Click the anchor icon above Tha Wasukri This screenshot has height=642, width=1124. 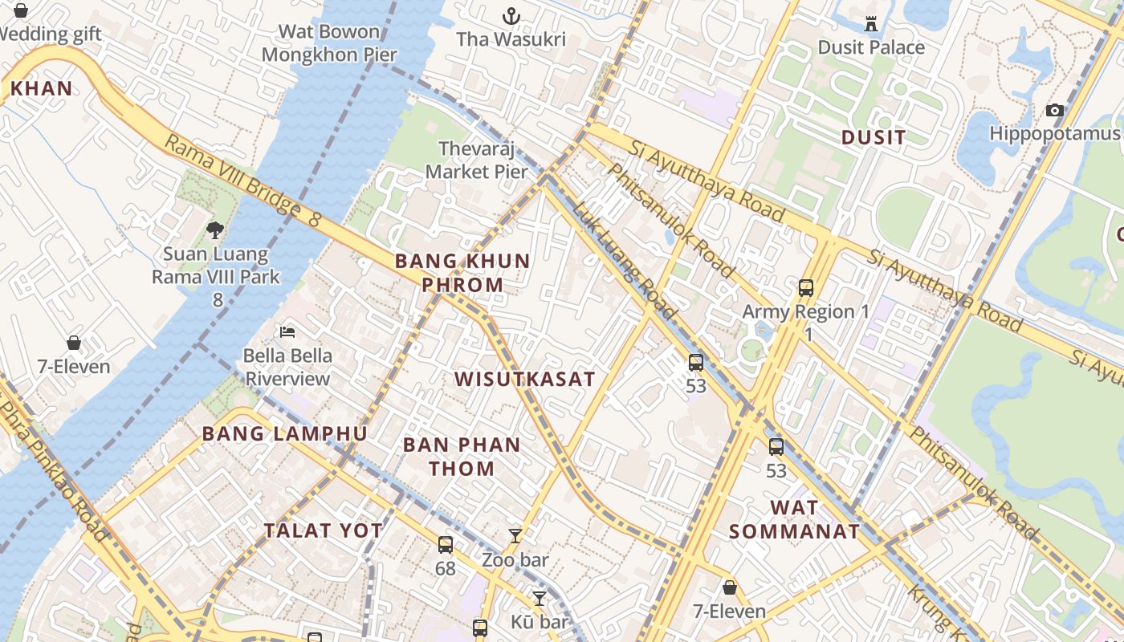pyautogui.click(x=511, y=16)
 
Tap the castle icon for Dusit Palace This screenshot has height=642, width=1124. pyautogui.click(x=871, y=23)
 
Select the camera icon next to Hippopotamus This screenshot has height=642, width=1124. pyautogui.click(x=1055, y=110)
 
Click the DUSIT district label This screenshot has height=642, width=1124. pyautogui.click(x=874, y=137)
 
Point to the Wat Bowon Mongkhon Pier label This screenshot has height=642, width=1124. pyautogui.click(x=329, y=43)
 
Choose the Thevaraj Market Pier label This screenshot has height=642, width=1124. pyautogui.click(x=477, y=160)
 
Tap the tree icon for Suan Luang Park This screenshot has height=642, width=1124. pyautogui.click(x=215, y=230)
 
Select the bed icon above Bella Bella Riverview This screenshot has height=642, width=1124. pyautogui.click(x=287, y=331)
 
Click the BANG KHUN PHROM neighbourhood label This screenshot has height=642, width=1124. pyautogui.click(x=462, y=273)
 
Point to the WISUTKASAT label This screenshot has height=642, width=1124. pyautogui.click(x=524, y=379)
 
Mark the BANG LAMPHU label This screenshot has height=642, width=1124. pyautogui.click(x=284, y=434)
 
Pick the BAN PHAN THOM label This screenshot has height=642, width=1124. pyautogui.click(x=462, y=456)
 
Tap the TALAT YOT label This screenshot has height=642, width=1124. pyautogui.click(x=324, y=530)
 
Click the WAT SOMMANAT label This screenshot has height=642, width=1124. pyautogui.click(x=794, y=519)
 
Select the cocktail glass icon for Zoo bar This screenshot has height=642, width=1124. pyautogui.click(x=515, y=535)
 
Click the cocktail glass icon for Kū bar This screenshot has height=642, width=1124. pyautogui.click(x=540, y=598)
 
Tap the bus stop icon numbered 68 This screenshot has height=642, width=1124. pyautogui.click(x=446, y=545)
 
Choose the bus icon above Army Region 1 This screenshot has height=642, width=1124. pyautogui.click(x=806, y=287)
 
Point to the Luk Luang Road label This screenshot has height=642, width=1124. pyautogui.click(x=624, y=258)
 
